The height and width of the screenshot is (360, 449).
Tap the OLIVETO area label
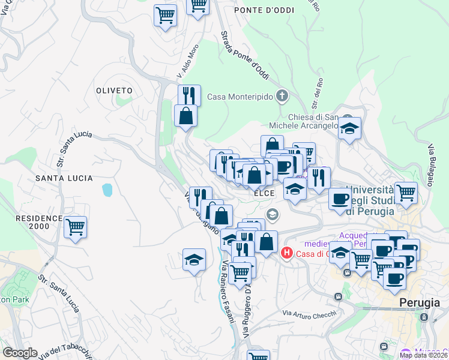pyautogui.click(x=113, y=90)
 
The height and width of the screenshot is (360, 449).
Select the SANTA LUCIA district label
pyautogui.click(x=64, y=178)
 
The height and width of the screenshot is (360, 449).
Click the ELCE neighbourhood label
pyautogui.click(x=264, y=193)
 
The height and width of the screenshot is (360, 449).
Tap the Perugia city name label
pyautogui.click(x=420, y=303)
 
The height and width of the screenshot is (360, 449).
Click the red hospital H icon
pyautogui.click(x=287, y=253)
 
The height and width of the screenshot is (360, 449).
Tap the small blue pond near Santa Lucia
pyautogui.click(x=107, y=190)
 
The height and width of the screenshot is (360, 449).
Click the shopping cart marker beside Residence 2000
pyautogui.click(x=76, y=227)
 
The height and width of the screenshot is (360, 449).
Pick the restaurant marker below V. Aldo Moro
pyautogui.click(x=189, y=95)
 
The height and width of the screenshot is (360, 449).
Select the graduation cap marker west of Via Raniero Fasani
pyautogui.click(x=194, y=260)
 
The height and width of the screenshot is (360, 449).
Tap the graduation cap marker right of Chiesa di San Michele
pyautogui.click(x=349, y=128)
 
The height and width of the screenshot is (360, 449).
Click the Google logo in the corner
pyautogui.click(x=20, y=353)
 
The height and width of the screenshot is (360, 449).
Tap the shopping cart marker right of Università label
pyautogui.click(x=406, y=193)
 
